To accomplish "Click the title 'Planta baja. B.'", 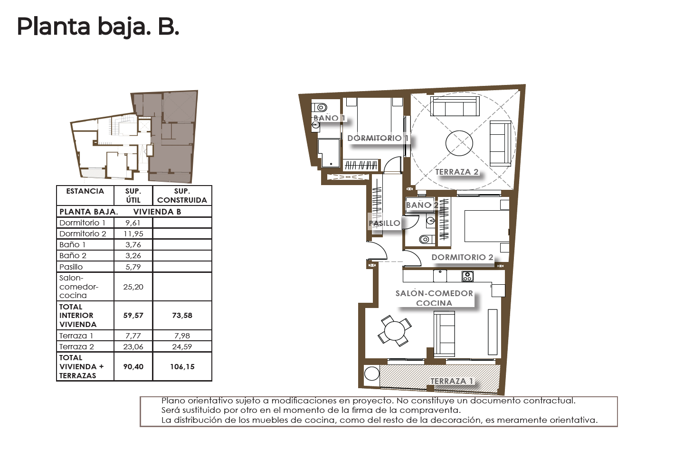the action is (98, 27).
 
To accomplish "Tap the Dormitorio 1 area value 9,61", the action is (133, 223).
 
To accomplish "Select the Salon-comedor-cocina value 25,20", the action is (133, 287).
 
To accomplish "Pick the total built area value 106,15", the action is (182, 366).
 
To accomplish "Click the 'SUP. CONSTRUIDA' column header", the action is (182, 196).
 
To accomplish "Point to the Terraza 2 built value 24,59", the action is (182, 347).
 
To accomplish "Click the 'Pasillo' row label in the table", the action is (71, 267).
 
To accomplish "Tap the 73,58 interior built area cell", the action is (182, 316).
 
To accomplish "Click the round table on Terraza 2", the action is (459, 143).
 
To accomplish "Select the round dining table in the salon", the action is (395, 331).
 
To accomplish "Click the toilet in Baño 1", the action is (319, 107).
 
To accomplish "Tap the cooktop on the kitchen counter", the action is (467, 276).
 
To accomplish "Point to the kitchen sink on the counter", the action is (440, 276).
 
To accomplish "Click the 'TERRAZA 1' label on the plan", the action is (452, 381).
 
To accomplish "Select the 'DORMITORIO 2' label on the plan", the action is (462, 257).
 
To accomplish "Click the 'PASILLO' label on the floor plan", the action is (385, 223).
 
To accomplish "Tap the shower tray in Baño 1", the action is (329, 153).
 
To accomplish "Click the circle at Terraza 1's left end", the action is (372, 374).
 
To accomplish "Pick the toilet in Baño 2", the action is (427, 240).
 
